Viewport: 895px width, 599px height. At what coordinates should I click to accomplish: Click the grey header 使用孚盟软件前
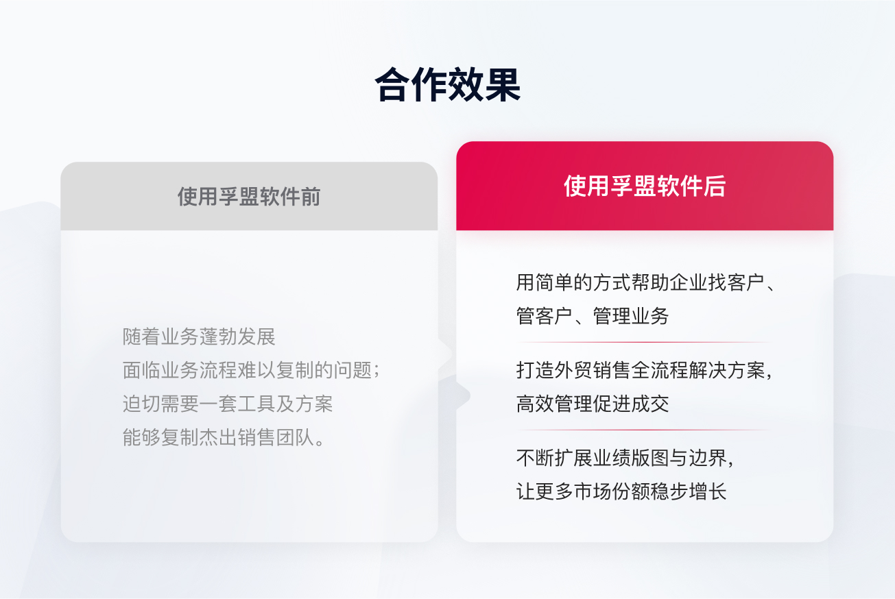pyautogui.click(x=249, y=197)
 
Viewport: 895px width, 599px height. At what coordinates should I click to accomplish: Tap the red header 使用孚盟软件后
pyautogui.click(x=645, y=186)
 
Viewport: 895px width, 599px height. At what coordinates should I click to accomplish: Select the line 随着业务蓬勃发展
pyautogui.click(x=199, y=337)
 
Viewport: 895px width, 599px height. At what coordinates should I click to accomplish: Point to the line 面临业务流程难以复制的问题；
pyautogui.click(x=251, y=370)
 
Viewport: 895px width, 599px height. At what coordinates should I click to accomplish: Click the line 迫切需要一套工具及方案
pyautogui.click(x=228, y=404)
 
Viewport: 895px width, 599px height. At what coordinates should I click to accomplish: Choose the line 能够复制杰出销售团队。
pyautogui.click(x=224, y=437)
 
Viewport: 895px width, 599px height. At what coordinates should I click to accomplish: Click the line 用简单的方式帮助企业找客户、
pyautogui.click(x=646, y=282)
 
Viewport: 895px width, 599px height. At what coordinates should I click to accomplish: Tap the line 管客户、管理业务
pyautogui.click(x=593, y=316)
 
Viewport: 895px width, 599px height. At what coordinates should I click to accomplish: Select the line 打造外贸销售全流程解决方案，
pyautogui.click(x=645, y=370)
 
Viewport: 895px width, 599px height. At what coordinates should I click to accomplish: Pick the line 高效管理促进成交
pyautogui.click(x=593, y=404)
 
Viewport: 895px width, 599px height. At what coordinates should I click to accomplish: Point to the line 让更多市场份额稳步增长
pyautogui.click(x=621, y=491)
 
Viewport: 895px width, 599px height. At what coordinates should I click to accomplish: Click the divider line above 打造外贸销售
pyautogui.click(x=645, y=342)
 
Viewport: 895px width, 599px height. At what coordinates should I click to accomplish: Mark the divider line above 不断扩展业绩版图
pyautogui.click(x=645, y=430)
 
